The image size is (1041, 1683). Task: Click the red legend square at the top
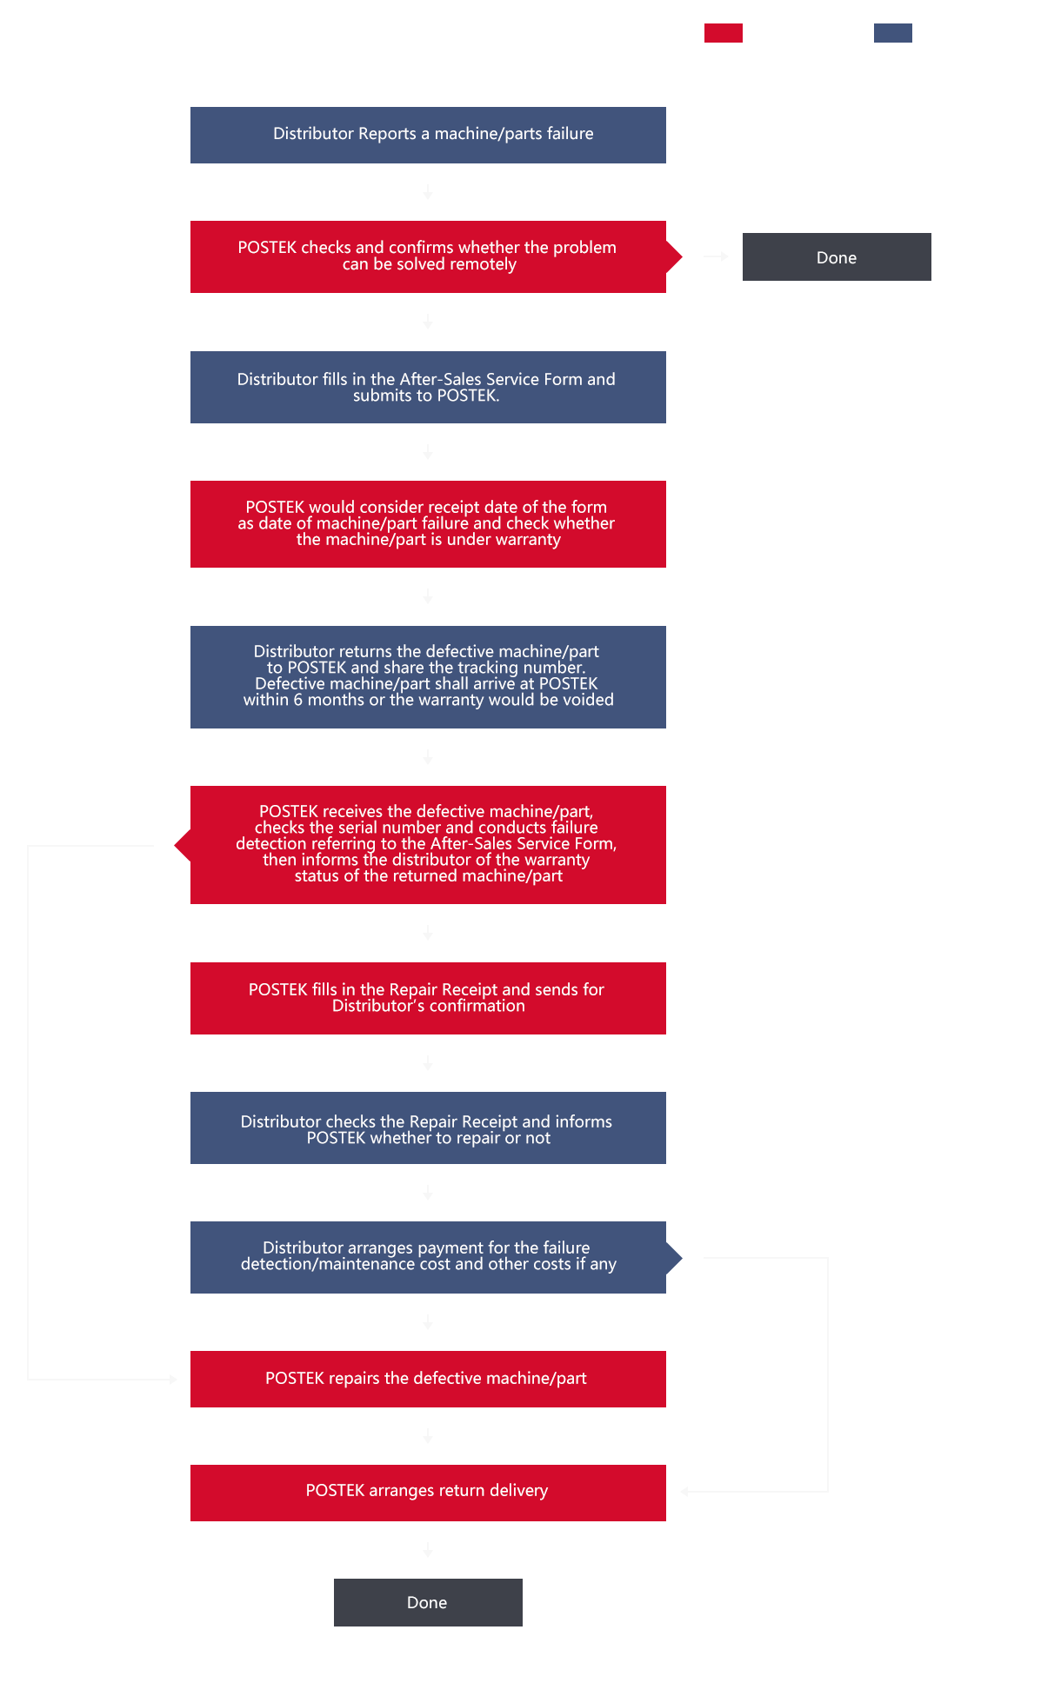tap(723, 33)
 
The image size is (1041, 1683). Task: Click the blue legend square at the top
tap(892, 33)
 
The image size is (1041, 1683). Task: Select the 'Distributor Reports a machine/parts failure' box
tap(428, 135)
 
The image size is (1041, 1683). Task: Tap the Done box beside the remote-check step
tap(837, 256)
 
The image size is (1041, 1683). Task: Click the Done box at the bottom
tap(428, 1602)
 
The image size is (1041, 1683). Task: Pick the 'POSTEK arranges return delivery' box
tap(428, 1493)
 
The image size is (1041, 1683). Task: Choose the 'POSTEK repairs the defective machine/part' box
tap(428, 1379)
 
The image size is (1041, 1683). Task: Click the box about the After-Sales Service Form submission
tap(428, 387)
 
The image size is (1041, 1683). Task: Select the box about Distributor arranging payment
tap(428, 1257)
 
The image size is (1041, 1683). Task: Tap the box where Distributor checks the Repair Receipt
tap(428, 1128)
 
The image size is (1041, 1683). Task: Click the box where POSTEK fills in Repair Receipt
tap(428, 998)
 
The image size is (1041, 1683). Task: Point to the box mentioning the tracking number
tap(428, 677)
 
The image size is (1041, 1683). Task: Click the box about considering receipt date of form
tap(428, 524)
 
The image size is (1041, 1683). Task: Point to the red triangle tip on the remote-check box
tap(682, 256)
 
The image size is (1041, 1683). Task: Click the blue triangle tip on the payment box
tap(682, 1257)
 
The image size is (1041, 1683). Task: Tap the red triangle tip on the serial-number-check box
tap(175, 845)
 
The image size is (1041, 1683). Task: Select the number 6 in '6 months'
tap(298, 700)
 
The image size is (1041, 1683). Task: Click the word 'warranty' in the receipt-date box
tap(524, 540)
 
